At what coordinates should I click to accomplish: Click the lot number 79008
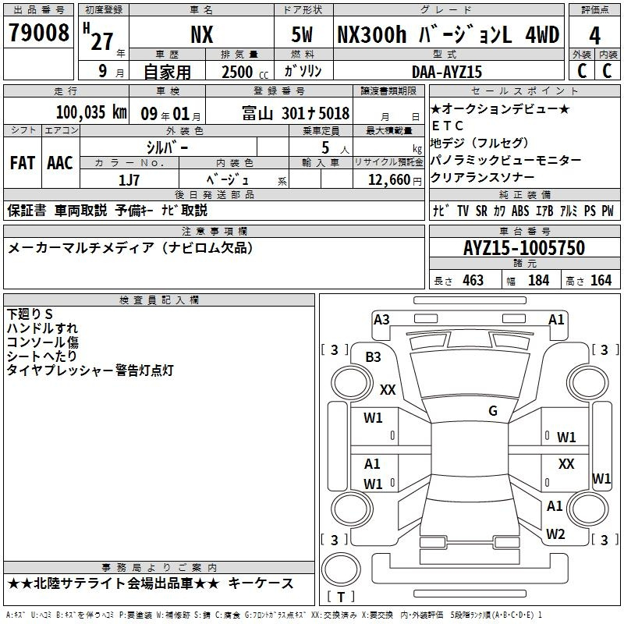pos(38,33)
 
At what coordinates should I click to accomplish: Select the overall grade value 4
pos(594,36)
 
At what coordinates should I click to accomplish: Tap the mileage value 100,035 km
pos(91,112)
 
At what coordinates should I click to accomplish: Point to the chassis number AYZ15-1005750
pos(524,248)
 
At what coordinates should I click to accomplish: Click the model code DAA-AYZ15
pos(447,72)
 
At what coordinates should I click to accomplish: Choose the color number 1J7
pos(129,180)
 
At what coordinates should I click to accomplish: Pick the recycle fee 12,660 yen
pos(395,180)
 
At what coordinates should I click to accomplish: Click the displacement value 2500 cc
pos(245,72)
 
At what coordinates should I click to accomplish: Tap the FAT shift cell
pos(23,163)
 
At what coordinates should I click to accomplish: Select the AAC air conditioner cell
pos(60,163)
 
